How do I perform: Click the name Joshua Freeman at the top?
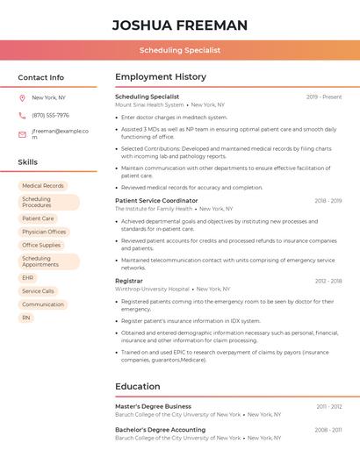pos(180,25)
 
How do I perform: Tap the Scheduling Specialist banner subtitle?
pos(180,51)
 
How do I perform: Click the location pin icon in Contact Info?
pos(22,98)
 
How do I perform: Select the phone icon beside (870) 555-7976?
pos(22,116)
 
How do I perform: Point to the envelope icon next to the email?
pos(22,134)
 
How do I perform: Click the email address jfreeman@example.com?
pos(61,134)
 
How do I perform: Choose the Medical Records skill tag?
pos(43,186)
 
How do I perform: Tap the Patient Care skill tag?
pos(38,218)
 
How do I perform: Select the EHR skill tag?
pos(28,277)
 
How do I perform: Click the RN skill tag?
pos(26,318)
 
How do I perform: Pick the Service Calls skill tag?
pos(38,290)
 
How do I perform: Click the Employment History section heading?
pos(161,77)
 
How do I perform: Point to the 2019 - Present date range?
pos(324,97)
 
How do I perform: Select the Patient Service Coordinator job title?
pos(156,201)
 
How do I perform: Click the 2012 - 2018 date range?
pos(328,281)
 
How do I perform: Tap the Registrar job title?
pos(128,281)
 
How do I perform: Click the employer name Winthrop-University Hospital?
pos(152,289)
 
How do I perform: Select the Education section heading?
pos(137,386)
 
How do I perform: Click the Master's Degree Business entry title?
pos(153,407)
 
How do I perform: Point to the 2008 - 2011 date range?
pos(329,430)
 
